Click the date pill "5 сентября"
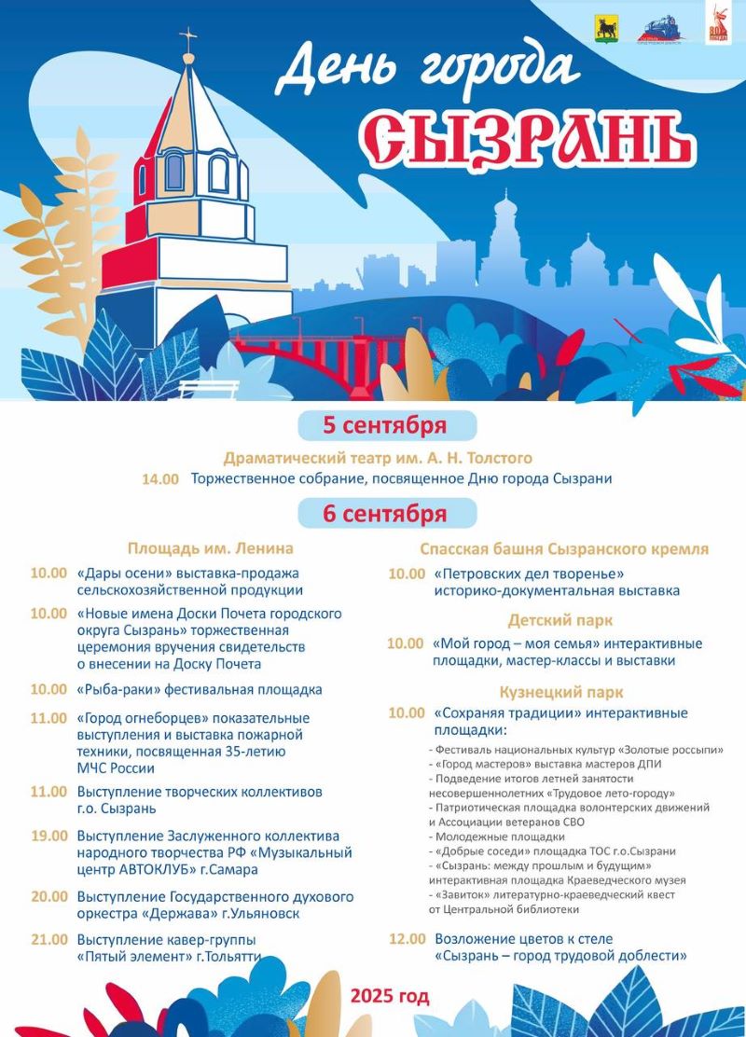click(x=385, y=426)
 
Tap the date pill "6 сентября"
click(x=385, y=513)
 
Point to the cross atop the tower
click(x=189, y=39)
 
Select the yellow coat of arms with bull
click(x=607, y=29)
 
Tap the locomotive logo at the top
click(x=660, y=30)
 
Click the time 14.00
click(x=159, y=479)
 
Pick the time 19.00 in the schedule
click(x=48, y=836)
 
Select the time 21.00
click(x=48, y=939)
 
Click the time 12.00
click(x=407, y=939)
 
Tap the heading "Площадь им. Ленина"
click(x=211, y=548)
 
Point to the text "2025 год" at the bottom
click(x=390, y=996)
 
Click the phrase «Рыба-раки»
click(x=120, y=690)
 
